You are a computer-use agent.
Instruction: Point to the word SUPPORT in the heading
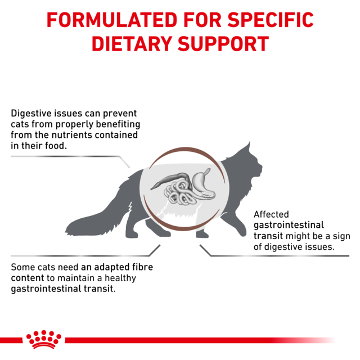225,44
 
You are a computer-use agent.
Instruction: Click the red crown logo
44,339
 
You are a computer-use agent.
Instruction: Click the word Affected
271,214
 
